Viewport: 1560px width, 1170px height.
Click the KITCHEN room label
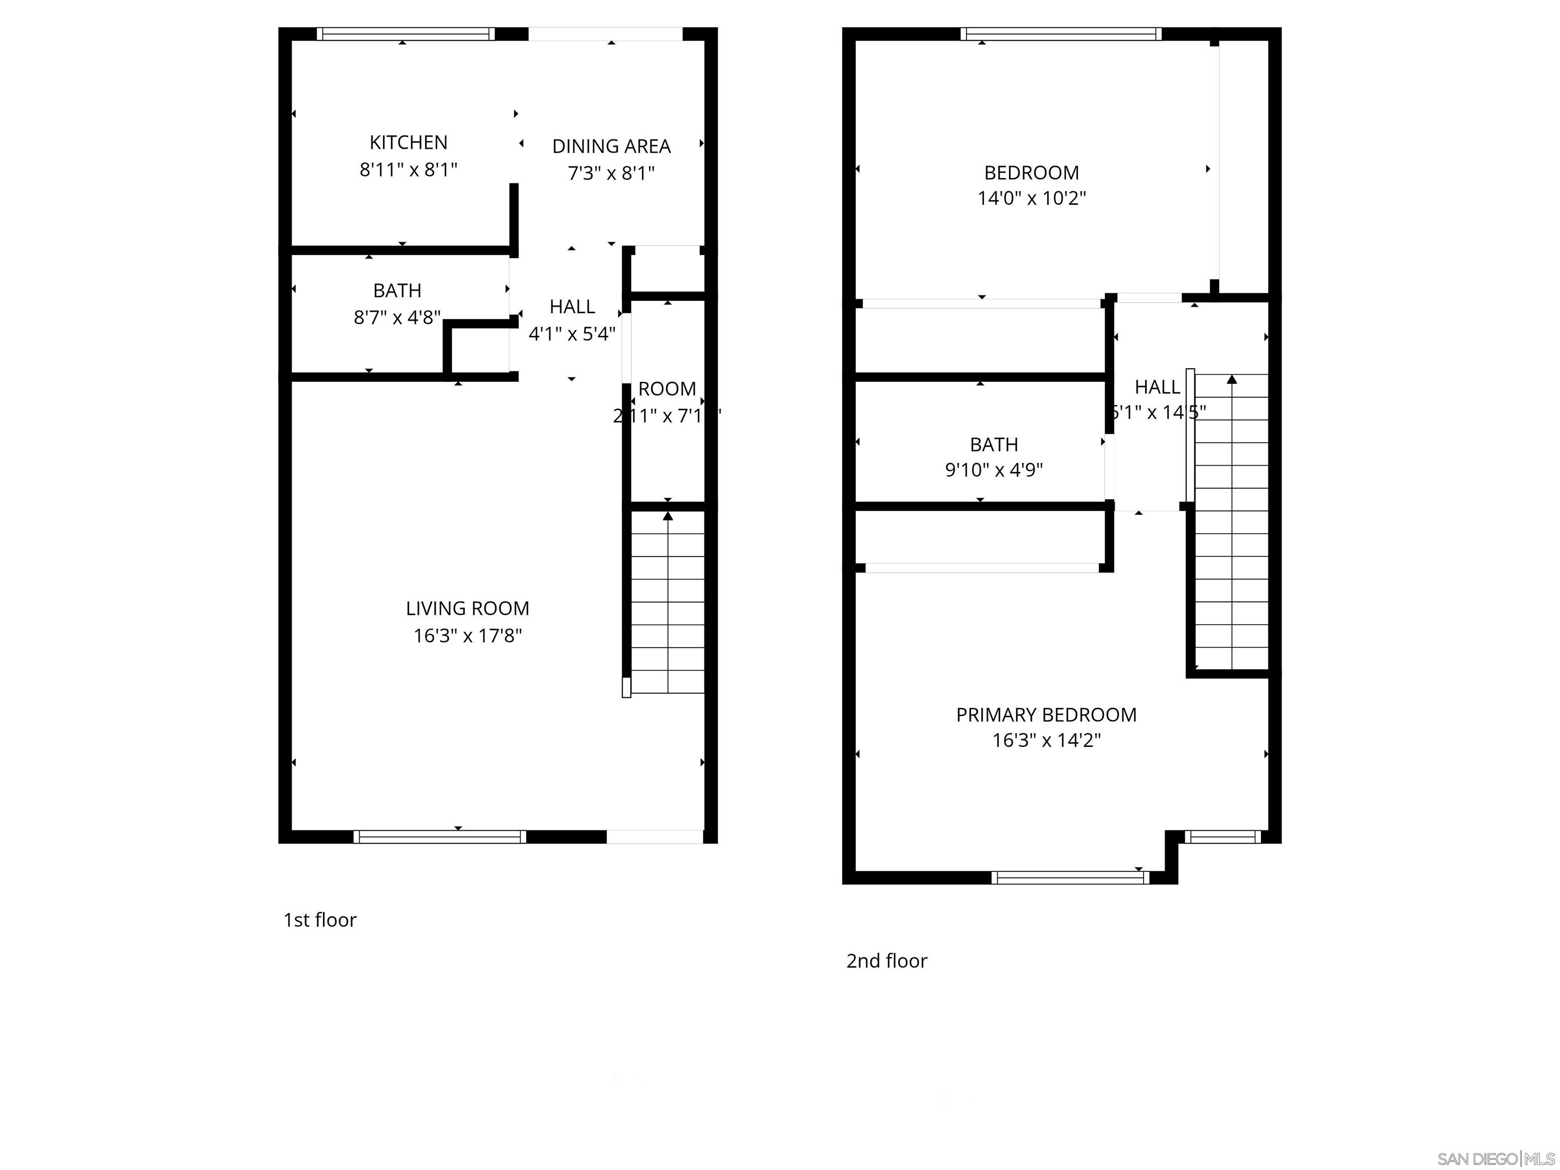pyautogui.click(x=408, y=143)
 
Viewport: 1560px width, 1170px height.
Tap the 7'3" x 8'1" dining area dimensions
pyautogui.click(x=611, y=173)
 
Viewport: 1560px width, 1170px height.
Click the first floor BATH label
pyautogui.click(x=397, y=290)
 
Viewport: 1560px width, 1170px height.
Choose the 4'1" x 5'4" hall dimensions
pyautogui.click(x=571, y=334)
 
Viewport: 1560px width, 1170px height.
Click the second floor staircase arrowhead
pyautogui.click(x=1231, y=379)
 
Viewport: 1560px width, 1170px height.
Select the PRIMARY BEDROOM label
pyautogui.click(x=1046, y=714)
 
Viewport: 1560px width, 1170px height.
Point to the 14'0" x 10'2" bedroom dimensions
pyautogui.click(x=1031, y=198)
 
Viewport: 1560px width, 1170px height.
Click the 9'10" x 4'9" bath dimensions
pyautogui.click(x=994, y=470)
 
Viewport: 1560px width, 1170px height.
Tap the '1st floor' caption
pyautogui.click(x=319, y=920)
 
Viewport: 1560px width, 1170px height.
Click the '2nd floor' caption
pyautogui.click(x=887, y=961)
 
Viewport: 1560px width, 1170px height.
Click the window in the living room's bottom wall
pyautogui.click(x=439, y=836)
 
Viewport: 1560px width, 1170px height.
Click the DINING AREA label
pyautogui.click(x=611, y=146)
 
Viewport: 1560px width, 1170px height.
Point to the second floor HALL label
pyautogui.click(x=1157, y=386)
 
